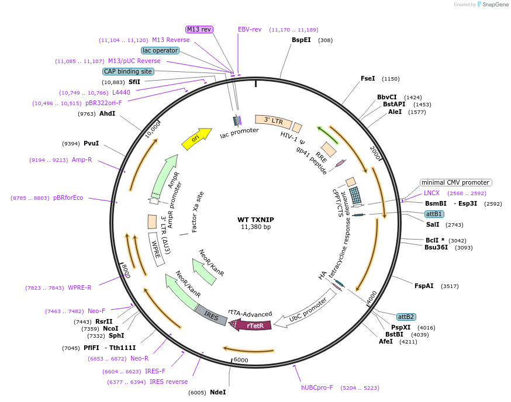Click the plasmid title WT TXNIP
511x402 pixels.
(x=255, y=220)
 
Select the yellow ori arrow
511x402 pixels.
(x=196, y=138)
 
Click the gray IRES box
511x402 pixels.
(x=211, y=316)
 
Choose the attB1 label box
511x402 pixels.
(x=434, y=214)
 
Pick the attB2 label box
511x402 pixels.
(x=406, y=317)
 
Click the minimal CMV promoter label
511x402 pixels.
(x=455, y=182)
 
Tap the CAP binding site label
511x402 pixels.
(x=128, y=71)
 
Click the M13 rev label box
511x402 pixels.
(x=199, y=29)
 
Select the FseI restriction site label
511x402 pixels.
(x=368, y=78)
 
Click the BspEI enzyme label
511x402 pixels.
(x=301, y=40)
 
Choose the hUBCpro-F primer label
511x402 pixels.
(x=317, y=387)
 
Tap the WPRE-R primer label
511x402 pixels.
(x=80, y=287)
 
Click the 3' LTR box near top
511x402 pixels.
(x=274, y=121)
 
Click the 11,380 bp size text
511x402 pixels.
(x=255, y=227)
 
